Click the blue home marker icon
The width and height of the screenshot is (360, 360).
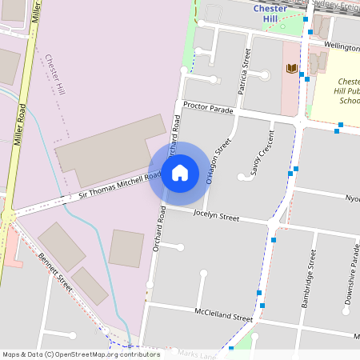coord(180,173)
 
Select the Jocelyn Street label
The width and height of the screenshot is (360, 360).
coord(217,216)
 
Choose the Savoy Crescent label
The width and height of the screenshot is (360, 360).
coord(256,151)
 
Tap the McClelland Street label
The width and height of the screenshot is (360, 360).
coord(223,314)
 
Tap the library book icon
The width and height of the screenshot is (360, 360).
coord(291,69)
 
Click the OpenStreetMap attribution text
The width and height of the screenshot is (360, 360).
coord(80,354)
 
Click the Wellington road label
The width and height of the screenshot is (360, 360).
coord(342,47)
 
